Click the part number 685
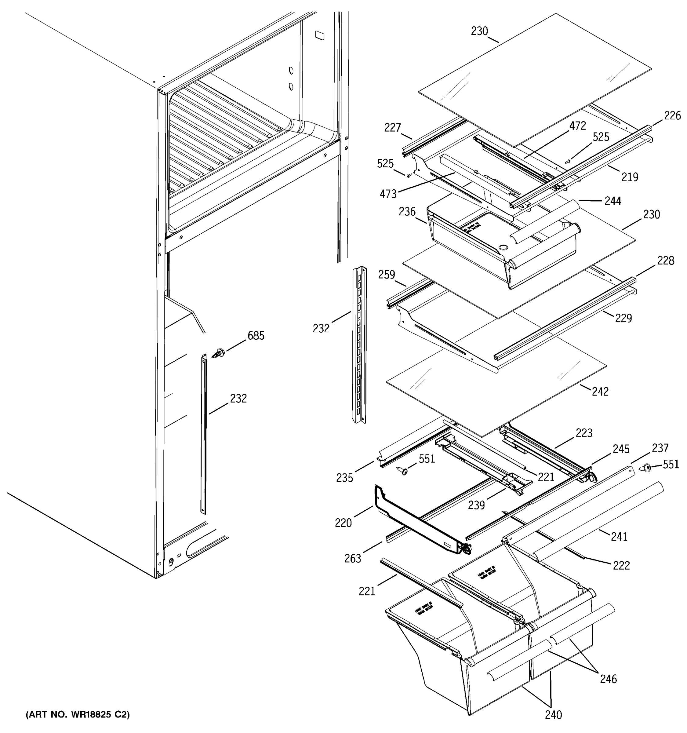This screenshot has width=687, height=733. point(256,336)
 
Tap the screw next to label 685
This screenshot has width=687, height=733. point(219,353)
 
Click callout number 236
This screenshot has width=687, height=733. point(407,212)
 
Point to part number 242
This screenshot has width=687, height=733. point(600,391)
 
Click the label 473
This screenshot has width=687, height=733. point(388,194)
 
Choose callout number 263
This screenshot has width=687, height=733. point(352,559)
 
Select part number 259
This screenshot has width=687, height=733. point(386,275)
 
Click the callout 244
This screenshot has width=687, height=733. point(613,201)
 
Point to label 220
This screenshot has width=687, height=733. point(343,523)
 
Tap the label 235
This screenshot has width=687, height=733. point(345,478)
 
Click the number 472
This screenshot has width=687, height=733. point(577,126)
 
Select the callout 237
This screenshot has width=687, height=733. point(660,448)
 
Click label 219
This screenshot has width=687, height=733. point(630,177)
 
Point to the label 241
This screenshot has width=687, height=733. point(619,537)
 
